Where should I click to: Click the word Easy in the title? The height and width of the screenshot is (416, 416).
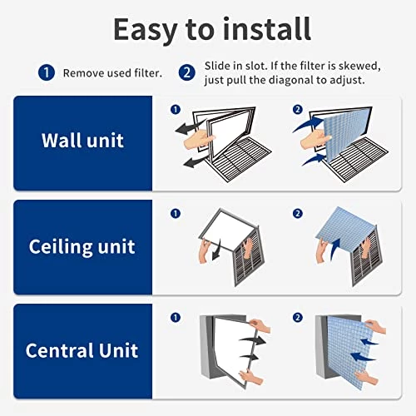coord(146,29)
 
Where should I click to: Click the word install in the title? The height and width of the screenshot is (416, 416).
coord(267,29)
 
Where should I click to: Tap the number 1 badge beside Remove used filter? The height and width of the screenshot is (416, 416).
coord(47,72)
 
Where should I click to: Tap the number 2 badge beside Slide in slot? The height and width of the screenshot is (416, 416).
coord(188,72)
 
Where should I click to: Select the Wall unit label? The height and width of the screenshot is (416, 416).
coord(82,139)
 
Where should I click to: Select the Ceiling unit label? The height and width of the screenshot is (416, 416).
coord(82,246)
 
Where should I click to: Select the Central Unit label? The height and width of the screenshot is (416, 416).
coord(82,349)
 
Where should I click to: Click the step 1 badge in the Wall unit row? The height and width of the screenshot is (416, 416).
coord(175,109)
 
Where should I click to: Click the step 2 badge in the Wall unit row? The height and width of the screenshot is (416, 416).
coord(297,109)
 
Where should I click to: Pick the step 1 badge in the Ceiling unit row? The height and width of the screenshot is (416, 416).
coord(175,214)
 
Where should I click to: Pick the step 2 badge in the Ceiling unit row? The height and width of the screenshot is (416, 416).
coord(297,214)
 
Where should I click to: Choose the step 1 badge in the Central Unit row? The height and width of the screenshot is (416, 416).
coord(175,318)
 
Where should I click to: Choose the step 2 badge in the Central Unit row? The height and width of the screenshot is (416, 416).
coord(297,318)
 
